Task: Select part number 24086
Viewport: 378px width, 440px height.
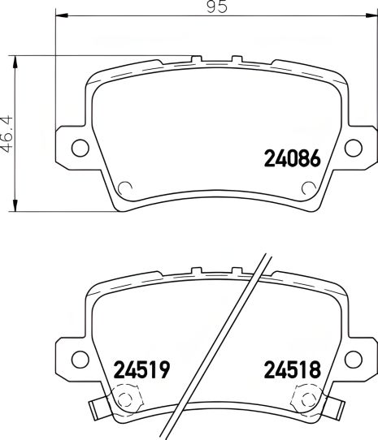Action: [296, 157]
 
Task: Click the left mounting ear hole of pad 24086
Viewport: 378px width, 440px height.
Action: [79, 147]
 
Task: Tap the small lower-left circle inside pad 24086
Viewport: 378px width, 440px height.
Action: [125, 188]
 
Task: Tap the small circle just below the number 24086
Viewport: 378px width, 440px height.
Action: [307, 188]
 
